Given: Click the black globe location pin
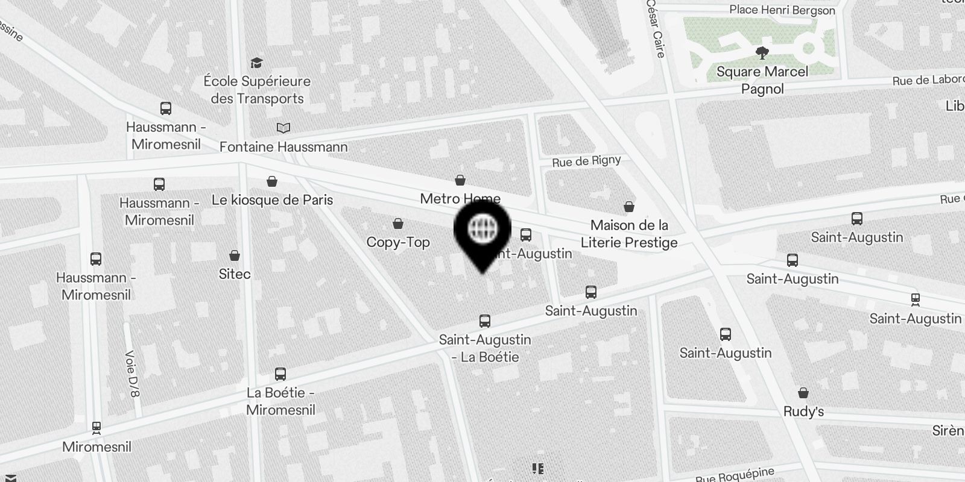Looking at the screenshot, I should pyautogui.click(x=482, y=232).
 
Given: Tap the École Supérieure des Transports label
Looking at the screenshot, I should pyautogui.click(x=257, y=90).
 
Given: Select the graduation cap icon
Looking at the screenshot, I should pyautogui.click(x=256, y=63).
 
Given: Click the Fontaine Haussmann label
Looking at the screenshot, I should pyautogui.click(x=283, y=146).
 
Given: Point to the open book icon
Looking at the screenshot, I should pyautogui.click(x=283, y=128).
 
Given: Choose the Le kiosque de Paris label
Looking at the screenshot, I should pyautogui.click(x=272, y=200).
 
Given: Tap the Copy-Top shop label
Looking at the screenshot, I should pyautogui.click(x=398, y=242).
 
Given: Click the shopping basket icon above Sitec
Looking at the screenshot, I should pyautogui.click(x=235, y=256).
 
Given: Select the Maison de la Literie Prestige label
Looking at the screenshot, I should pyautogui.click(x=629, y=234).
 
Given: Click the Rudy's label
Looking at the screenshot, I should pyautogui.click(x=803, y=412).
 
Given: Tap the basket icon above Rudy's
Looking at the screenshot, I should pyautogui.click(x=803, y=393).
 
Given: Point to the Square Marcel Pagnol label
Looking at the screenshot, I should pyautogui.click(x=762, y=80).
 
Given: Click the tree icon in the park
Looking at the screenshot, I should pyautogui.click(x=762, y=53).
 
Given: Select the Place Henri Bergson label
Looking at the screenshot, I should pyautogui.click(x=782, y=10).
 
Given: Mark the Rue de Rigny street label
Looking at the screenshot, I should pyautogui.click(x=586, y=161).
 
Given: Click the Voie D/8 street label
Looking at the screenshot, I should pyautogui.click(x=132, y=374).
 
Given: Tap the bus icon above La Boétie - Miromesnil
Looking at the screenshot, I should pyautogui.click(x=280, y=374).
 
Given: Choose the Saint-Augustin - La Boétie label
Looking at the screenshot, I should pyautogui.click(x=485, y=348).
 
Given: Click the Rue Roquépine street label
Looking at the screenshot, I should pyautogui.click(x=735, y=475).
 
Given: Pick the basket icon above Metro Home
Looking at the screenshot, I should pyautogui.click(x=460, y=180).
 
